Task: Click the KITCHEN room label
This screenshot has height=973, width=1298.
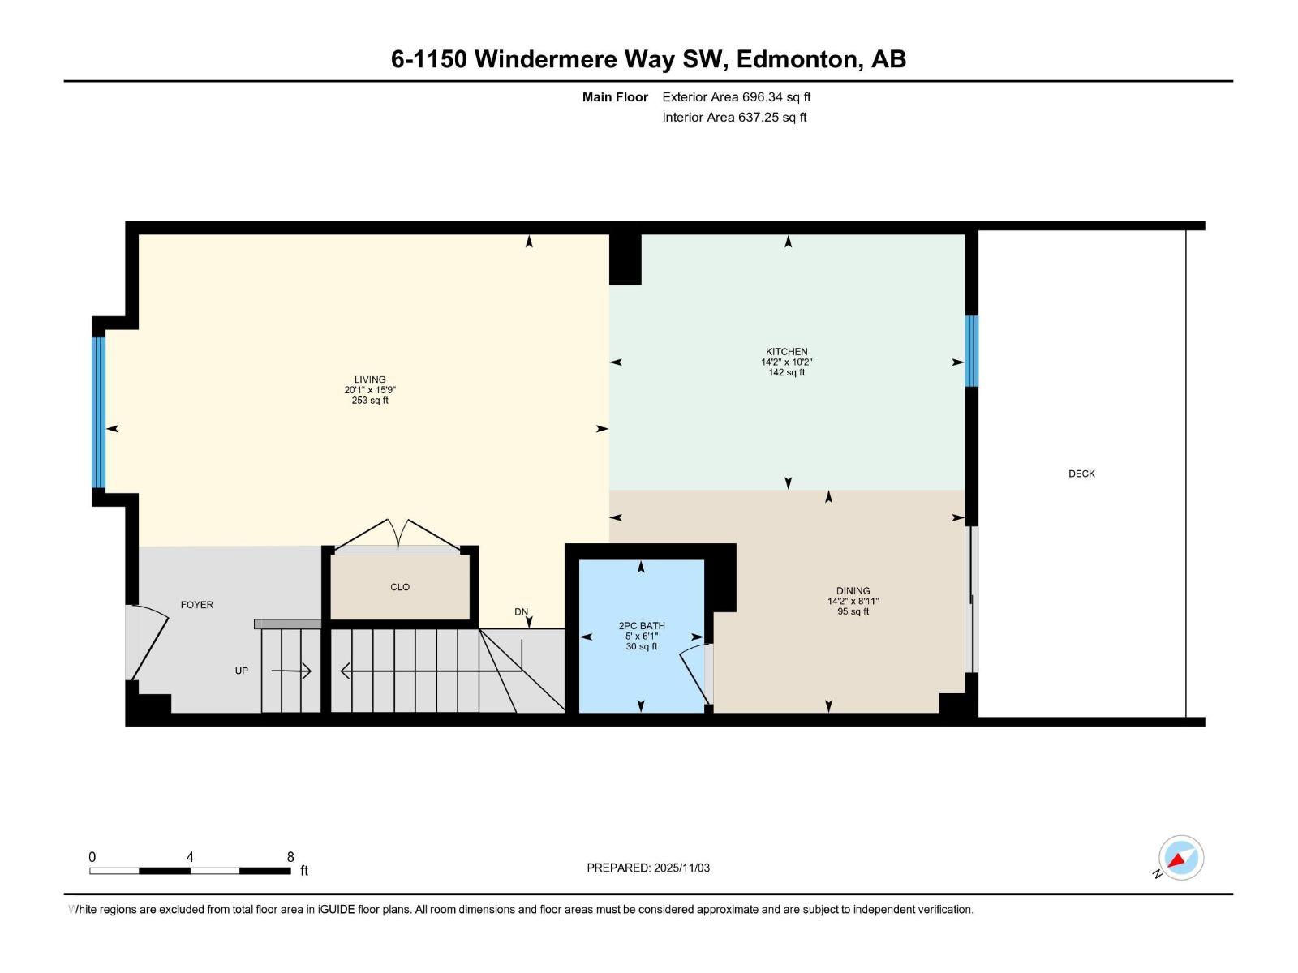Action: click(786, 352)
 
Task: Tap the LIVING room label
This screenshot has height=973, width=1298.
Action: click(370, 379)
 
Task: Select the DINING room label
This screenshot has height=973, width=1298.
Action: click(853, 591)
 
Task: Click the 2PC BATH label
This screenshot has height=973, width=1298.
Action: click(642, 626)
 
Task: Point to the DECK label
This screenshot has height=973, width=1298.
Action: click(1081, 474)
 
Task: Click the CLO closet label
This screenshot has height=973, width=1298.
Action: click(400, 587)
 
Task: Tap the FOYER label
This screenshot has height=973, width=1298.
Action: click(197, 605)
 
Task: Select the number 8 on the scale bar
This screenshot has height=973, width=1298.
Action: click(290, 857)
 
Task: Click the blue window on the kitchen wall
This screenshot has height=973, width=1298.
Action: click(971, 351)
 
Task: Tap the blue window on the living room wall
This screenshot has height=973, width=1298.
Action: click(99, 412)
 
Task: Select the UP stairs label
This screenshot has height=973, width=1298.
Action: click(242, 671)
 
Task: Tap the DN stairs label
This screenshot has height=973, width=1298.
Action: click(521, 612)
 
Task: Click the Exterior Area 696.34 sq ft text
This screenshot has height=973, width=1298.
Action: click(736, 97)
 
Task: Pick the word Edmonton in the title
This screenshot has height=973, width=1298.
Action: click(798, 59)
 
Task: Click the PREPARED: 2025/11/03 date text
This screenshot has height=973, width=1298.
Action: click(648, 868)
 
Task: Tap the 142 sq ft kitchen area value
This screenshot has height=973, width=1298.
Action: click(786, 373)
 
